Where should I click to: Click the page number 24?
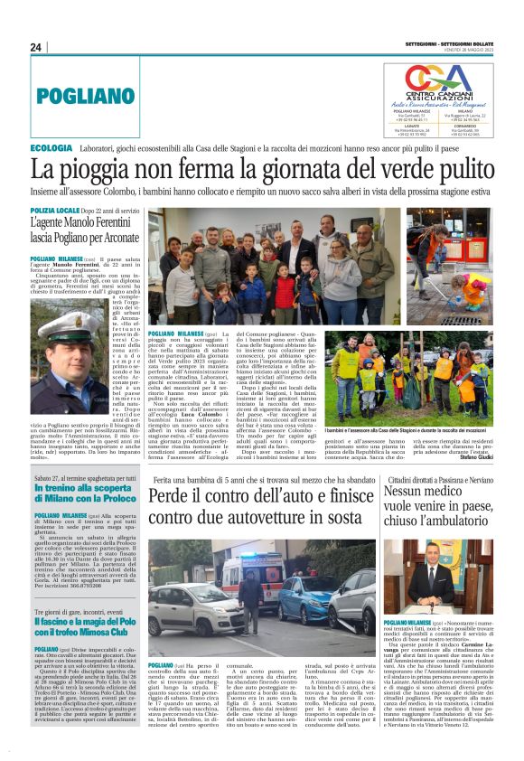pyautogui.click(x=36, y=46)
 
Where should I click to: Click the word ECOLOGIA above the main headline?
pyautogui.click(x=51, y=146)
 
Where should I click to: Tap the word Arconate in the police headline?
pyautogui.click(x=112, y=238)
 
